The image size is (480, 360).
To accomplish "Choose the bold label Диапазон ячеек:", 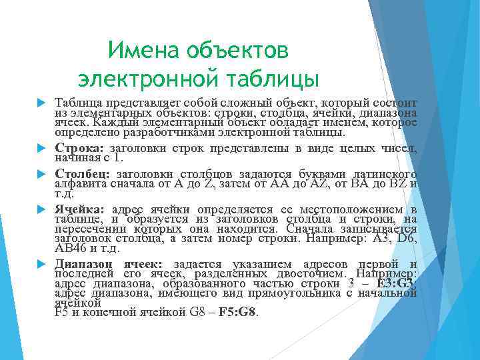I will pos(113,264).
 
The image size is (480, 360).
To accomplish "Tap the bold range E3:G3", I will pos(395,283).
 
